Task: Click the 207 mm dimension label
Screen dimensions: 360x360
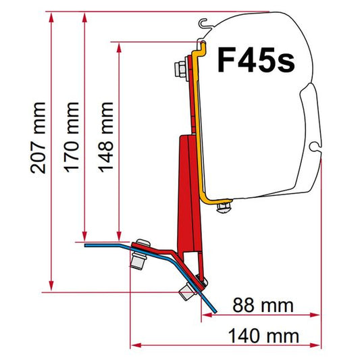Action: click(38, 138)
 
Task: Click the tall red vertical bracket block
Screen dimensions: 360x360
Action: click(187, 189)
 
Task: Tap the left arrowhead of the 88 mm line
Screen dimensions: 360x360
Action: click(205, 314)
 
